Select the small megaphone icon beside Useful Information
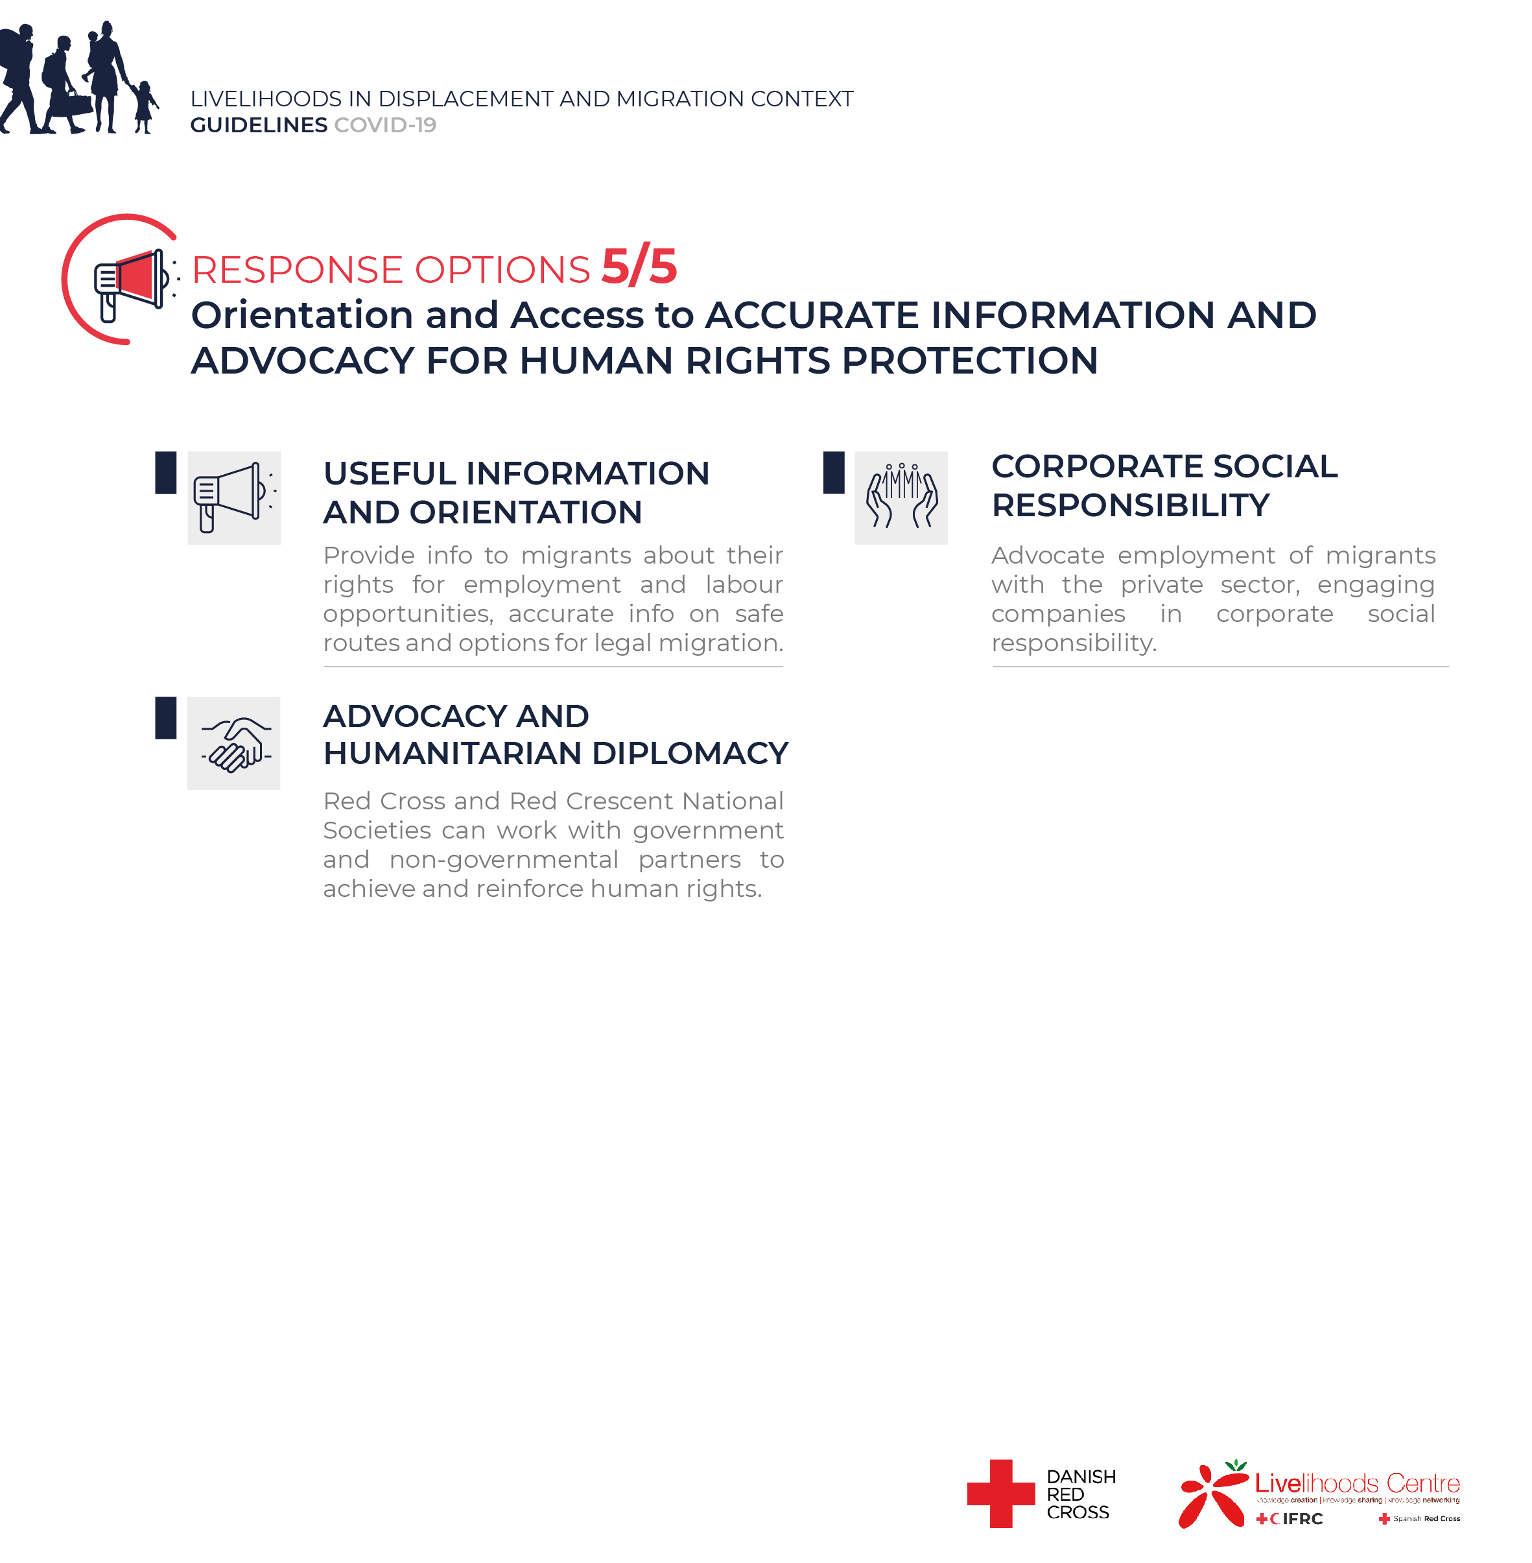(x=233, y=497)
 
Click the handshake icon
(x=233, y=744)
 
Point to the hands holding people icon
(x=901, y=497)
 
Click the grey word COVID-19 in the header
(x=384, y=126)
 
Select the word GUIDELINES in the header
(x=258, y=126)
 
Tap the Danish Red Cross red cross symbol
(x=1000, y=1493)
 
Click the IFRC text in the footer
(x=1302, y=1519)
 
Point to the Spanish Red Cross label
(x=1426, y=1519)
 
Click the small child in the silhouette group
(x=144, y=106)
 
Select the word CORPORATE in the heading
(x=1096, y=467)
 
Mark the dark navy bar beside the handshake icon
(x=166, y=718)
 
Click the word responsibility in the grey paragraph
(x=1074, y=643)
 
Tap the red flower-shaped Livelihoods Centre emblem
(x=1212, y=1496)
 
